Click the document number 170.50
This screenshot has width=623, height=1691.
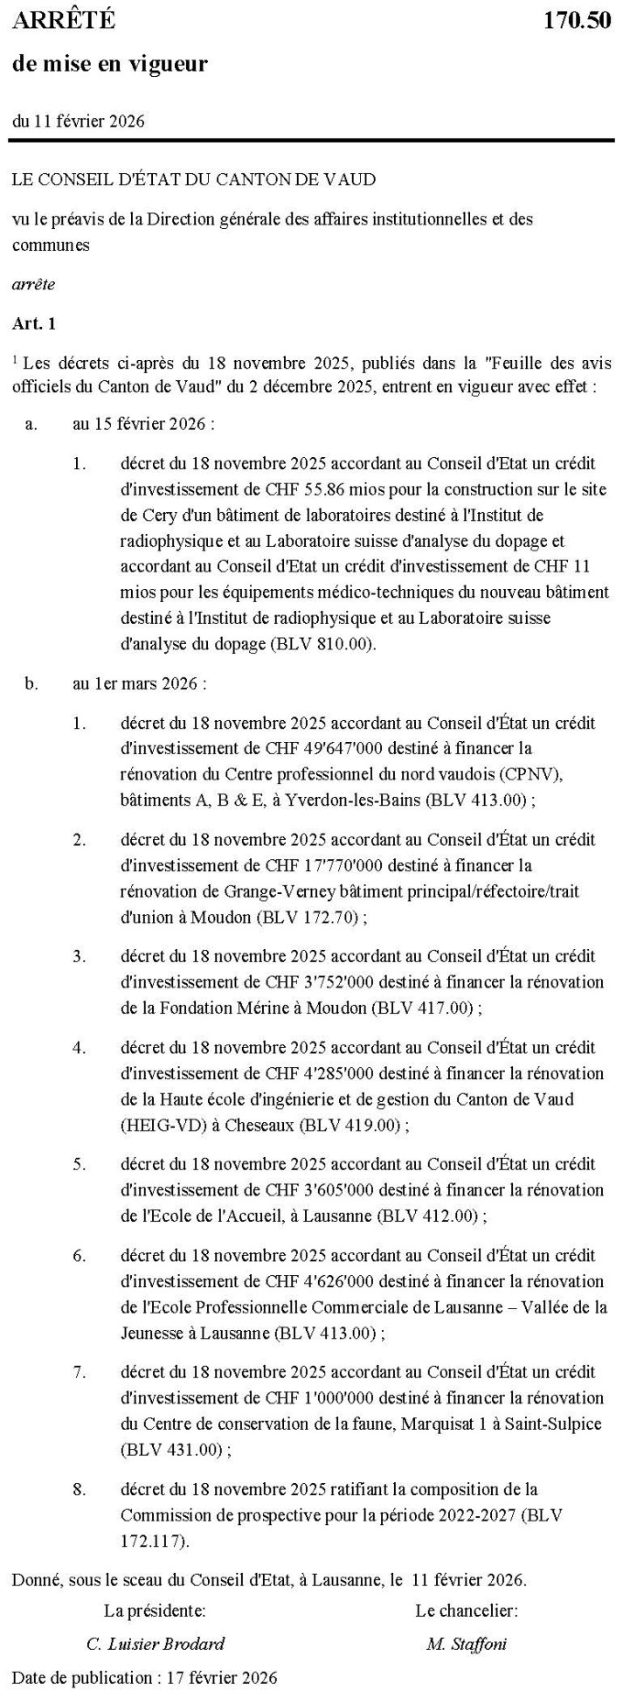[x=577, y=22]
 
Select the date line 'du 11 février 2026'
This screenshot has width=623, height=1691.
[x=79, y=121]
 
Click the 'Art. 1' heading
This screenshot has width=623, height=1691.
[x=34, y=323]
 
